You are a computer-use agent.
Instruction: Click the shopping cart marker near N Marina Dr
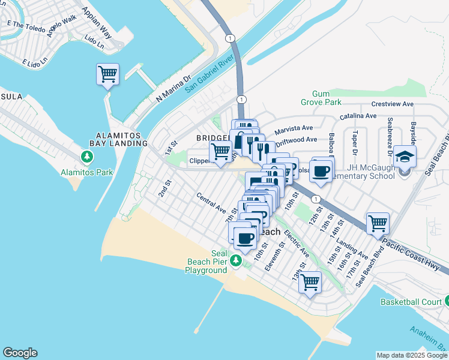coord(107,74)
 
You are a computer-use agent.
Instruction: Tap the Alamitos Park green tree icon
coord(88,157)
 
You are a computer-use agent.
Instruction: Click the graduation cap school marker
coord(405,157)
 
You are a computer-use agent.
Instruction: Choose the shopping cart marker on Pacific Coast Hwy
coord(378,224)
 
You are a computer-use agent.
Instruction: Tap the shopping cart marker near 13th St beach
coord(310,282)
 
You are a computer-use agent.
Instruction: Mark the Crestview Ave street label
coord(393,104)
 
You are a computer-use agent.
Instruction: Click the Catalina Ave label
coord(358,115)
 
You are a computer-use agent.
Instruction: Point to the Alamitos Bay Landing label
coord(118,140)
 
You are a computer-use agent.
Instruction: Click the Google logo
coord(20,353)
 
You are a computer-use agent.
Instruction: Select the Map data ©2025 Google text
coord(411,355)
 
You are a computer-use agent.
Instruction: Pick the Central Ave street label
coord(211,202)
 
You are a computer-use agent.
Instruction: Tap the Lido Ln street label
coord(95,41)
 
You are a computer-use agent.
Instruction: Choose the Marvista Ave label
coord(294,129)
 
